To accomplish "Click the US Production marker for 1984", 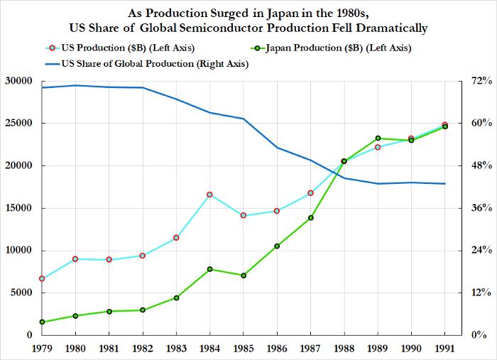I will [209, 195].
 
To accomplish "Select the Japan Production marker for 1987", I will [310, 218].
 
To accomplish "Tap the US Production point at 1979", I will [42, 278].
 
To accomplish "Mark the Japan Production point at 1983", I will [176, 298].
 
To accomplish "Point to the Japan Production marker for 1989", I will [378, 138].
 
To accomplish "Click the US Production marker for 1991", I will [444, 125].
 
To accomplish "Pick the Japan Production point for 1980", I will [75, 316].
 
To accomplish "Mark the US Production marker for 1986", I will [277, 211].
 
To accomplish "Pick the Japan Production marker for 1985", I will [244, 276].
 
